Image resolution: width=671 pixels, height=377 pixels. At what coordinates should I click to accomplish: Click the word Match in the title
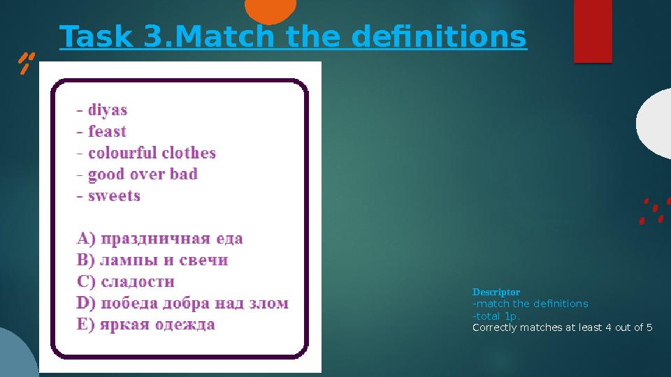point(211,38)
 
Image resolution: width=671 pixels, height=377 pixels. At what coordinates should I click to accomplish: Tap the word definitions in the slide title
point(438,38)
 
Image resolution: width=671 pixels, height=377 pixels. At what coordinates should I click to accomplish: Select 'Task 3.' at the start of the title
point(114,38)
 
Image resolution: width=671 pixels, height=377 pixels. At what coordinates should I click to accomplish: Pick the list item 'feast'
point(102,131)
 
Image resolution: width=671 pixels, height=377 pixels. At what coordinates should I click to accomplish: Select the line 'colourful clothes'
point(146,153)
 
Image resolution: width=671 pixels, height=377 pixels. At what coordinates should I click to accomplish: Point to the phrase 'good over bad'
point(137,175)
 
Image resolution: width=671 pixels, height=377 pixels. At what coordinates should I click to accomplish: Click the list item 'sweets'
point(108,195)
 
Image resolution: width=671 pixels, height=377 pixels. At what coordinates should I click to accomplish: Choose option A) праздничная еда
point(159,239)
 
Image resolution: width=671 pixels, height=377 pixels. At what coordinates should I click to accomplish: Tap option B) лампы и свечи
point(152,260)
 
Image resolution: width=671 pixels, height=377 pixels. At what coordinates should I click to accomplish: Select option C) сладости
point(125,282)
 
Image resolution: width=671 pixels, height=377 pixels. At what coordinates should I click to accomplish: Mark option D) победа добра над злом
point(182,304)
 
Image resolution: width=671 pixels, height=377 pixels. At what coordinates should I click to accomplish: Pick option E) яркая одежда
point(145,325)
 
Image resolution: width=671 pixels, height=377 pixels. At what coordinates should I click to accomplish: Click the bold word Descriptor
point(496,292)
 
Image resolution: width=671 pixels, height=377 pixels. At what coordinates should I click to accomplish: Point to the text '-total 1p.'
point(496,316)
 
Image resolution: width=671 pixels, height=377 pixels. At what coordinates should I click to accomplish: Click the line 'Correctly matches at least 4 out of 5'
point(562,327)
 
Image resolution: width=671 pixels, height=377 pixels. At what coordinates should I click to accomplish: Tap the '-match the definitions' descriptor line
point(531,304)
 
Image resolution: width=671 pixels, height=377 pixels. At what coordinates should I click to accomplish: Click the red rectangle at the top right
point(592,30)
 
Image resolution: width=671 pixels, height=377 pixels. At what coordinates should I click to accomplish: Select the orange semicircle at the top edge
point(270,9)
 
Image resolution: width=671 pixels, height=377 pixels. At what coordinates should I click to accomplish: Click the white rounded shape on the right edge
point(656,124)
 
